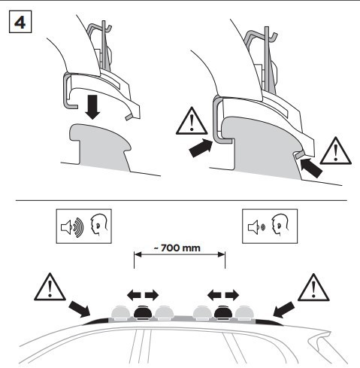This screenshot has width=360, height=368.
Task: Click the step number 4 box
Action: click(20, 22)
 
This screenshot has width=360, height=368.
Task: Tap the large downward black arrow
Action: click(92, 107)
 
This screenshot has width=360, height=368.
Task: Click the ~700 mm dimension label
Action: click(177, 248)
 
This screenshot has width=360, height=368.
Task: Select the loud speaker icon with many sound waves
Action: click(72, 227)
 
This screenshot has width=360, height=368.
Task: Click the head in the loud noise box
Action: click(99, 225)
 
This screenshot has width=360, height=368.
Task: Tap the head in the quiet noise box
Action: click(280, 225)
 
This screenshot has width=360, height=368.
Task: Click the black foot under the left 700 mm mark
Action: click(143, 312)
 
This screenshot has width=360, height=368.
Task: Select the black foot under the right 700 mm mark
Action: click(222, 312)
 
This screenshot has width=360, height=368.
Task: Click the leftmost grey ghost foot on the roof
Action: click(120, 313)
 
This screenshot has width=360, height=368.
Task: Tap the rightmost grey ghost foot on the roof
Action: click(244, 313)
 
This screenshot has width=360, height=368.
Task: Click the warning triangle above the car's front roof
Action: click(50, 287)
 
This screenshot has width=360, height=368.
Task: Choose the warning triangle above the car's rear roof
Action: click(313, 287)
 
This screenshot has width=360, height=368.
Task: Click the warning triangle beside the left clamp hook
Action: click(192, 122)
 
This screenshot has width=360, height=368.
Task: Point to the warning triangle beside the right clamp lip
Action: click(336, 151)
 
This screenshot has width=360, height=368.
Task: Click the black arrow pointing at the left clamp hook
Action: click(201, 148)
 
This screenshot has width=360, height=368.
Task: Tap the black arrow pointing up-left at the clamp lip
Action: click(311, 167)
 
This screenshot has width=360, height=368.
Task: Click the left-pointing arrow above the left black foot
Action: click(134, 295)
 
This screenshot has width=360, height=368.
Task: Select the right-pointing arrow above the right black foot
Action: click(232, 295)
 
